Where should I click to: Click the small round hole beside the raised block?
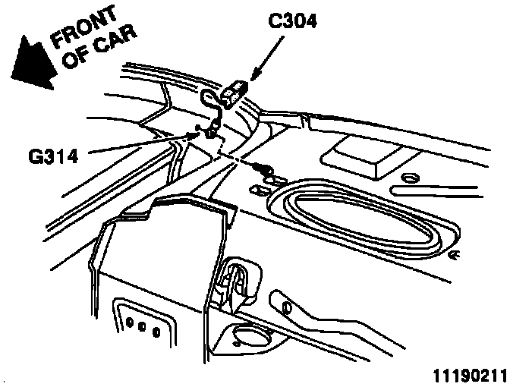coord(411,178)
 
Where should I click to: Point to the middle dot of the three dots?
coord(142,329)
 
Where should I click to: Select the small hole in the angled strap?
coord(286,306)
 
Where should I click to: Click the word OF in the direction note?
coord(76,60)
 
